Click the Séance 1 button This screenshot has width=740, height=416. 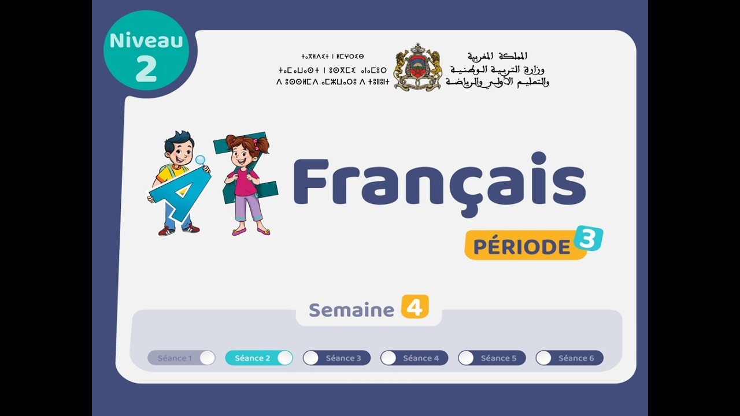(x=181, y=358)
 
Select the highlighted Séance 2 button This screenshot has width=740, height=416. (x=258, y=358)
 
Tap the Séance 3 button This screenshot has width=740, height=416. (x=336, y=358)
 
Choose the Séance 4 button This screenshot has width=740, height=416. (x=414, y=358)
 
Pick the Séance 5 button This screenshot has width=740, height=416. (x=491, y=358)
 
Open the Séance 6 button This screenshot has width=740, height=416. (x=569, y=358)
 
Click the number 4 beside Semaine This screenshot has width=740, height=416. (x=415, y=307)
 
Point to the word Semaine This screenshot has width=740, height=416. (x=351, y=310)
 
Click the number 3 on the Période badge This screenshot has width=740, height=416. (x=589, y=238)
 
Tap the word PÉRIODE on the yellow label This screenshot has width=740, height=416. (x=521, y=247)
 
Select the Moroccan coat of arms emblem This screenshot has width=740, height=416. (x=417, y=68)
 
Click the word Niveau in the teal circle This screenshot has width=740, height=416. (x=146, y=40)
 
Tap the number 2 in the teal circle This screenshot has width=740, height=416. (x=146, y=69)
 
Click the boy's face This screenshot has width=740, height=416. (x=180, y=151)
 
